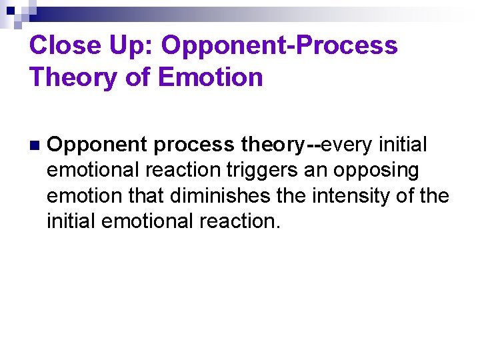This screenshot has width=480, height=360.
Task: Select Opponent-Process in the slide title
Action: [279, 46]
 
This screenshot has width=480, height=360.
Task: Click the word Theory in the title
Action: [74, 77]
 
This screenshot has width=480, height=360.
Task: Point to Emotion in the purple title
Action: [211, 77]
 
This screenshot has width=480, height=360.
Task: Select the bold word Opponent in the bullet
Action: [98, 145]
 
